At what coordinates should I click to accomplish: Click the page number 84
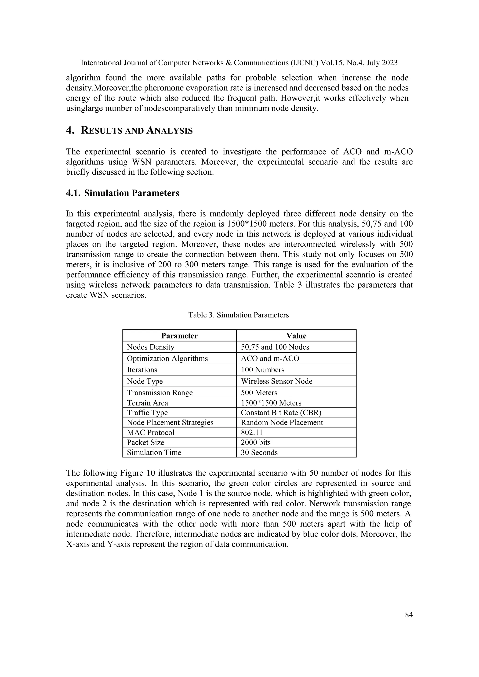pos(409,615)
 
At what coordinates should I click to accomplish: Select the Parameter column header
pos(179,336)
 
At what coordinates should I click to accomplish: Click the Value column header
pos(296,336)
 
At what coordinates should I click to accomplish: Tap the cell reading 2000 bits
pos(255,442)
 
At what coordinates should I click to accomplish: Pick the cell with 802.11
pos(252,432)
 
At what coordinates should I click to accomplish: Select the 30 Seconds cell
pos(259,452)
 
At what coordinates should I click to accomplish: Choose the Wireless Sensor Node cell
pos(276,381)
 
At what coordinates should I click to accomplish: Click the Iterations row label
pos(142,370)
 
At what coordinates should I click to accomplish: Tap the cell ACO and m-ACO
pos(270,358)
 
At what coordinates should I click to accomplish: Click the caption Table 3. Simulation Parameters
pos(238,315)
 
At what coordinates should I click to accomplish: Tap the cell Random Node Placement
pos(282,422)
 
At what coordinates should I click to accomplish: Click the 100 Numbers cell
pos(262,370)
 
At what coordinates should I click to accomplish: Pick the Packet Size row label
pos(145,442)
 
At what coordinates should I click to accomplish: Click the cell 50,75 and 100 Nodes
pos(275,347)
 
